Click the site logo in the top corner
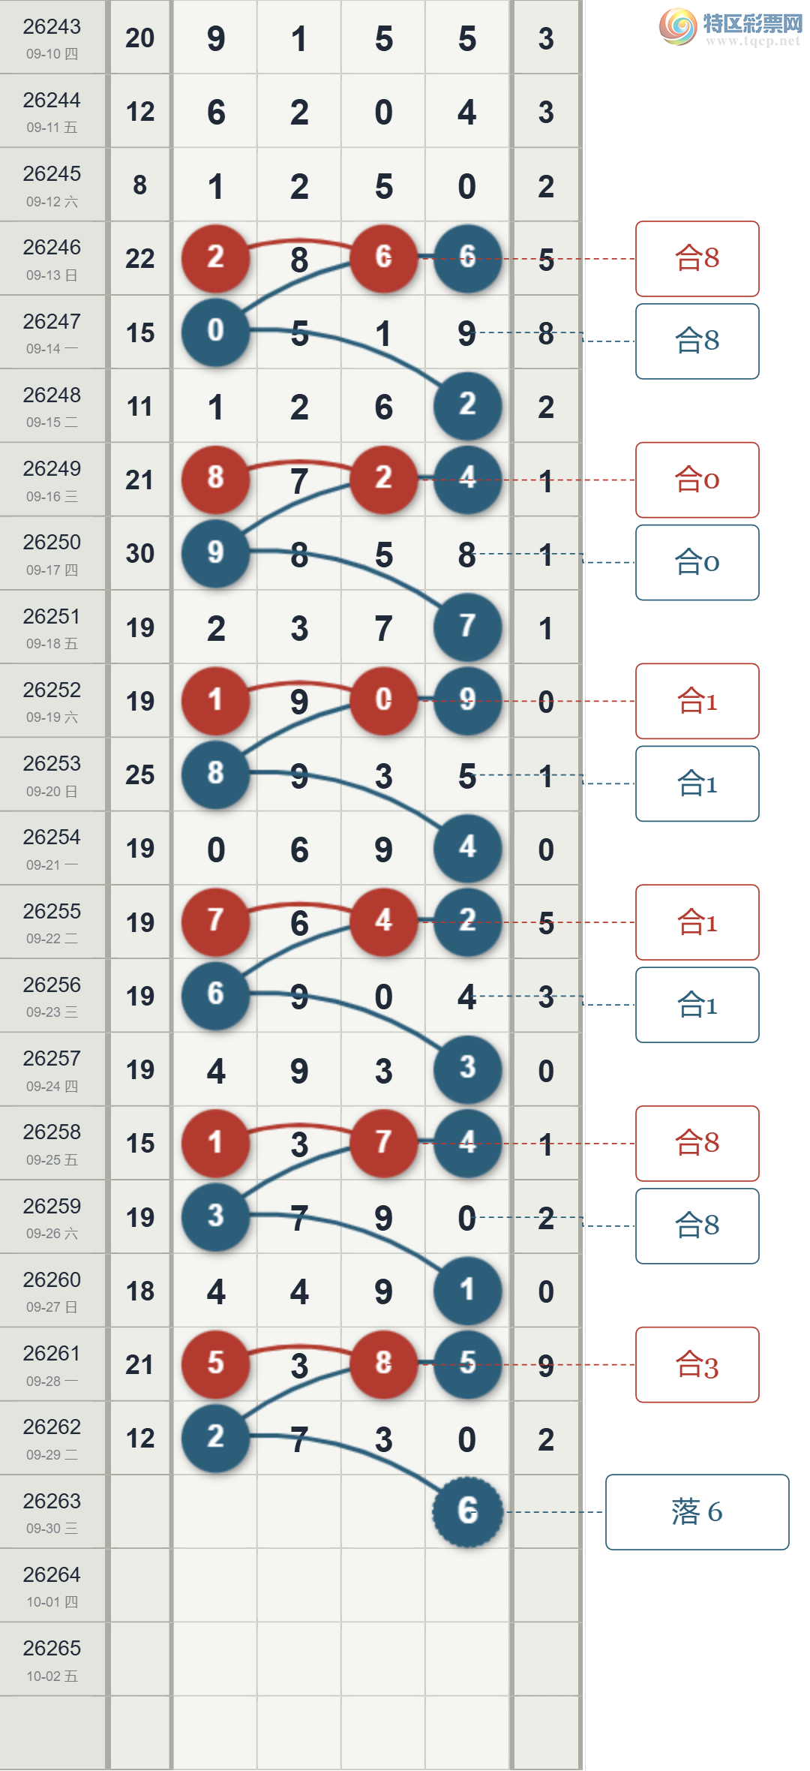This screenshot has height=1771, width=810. [x=730, y=27]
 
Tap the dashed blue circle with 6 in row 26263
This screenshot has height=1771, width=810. [x=467, y=1511]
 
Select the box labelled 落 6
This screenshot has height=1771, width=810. [x=697, y=1511]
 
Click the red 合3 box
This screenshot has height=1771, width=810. [x=697, y=1364]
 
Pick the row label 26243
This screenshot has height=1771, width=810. [x=52, y=27]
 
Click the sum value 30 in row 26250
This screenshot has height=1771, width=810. [x=139, y=554]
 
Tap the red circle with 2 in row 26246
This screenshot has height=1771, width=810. [x=215, y=258]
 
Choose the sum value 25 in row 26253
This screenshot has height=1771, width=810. [x=139, y=774]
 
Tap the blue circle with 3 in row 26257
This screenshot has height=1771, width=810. [x=467, y=1069]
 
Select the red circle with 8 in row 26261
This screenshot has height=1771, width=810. [x=383, y=1364]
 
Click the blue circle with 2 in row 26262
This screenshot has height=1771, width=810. [x=215, y=1438]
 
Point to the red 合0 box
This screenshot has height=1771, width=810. [x=697, y=480]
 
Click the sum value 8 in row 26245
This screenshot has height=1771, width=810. [x=139, y=185]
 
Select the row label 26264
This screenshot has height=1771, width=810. [x=52, y=1574]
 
